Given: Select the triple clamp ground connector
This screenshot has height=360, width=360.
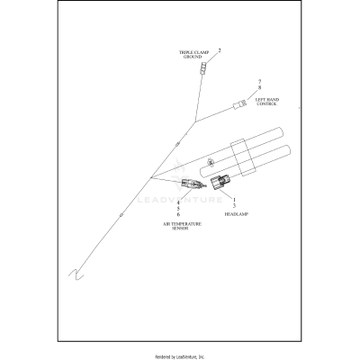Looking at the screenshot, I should [x=206, y=68].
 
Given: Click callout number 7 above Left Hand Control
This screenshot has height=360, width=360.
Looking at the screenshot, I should [x=258, y=81].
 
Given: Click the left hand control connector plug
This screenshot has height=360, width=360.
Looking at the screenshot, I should [x=239, y=106].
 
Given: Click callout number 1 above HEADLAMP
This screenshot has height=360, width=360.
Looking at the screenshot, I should [x=235, y=200].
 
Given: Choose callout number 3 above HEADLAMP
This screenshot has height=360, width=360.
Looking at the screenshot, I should [x=235, y=207].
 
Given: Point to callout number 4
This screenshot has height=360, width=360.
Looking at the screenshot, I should [x=178, y=202].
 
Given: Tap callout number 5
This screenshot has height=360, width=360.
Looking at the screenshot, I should [x=178, y=209].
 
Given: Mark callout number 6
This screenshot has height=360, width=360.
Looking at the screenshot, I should [x=178, y=215].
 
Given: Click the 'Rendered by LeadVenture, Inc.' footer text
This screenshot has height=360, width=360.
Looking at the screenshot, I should [x=179, y=353].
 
